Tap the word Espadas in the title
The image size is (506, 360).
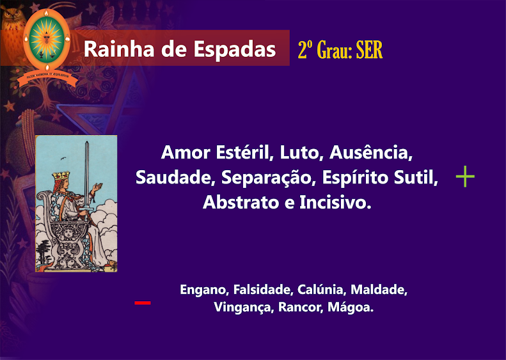tap(235, 49)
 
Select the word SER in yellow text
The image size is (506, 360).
tap(369, 50)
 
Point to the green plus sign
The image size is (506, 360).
tap(465, 176)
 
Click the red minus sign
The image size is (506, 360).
tap(142, 302)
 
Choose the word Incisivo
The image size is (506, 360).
tap(335, 202)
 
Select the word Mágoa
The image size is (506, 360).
tap(351, 307)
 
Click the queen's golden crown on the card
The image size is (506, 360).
tap(61, 176)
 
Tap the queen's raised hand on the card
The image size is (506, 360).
tap(97, 187)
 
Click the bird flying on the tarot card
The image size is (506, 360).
tap(63, 159)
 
